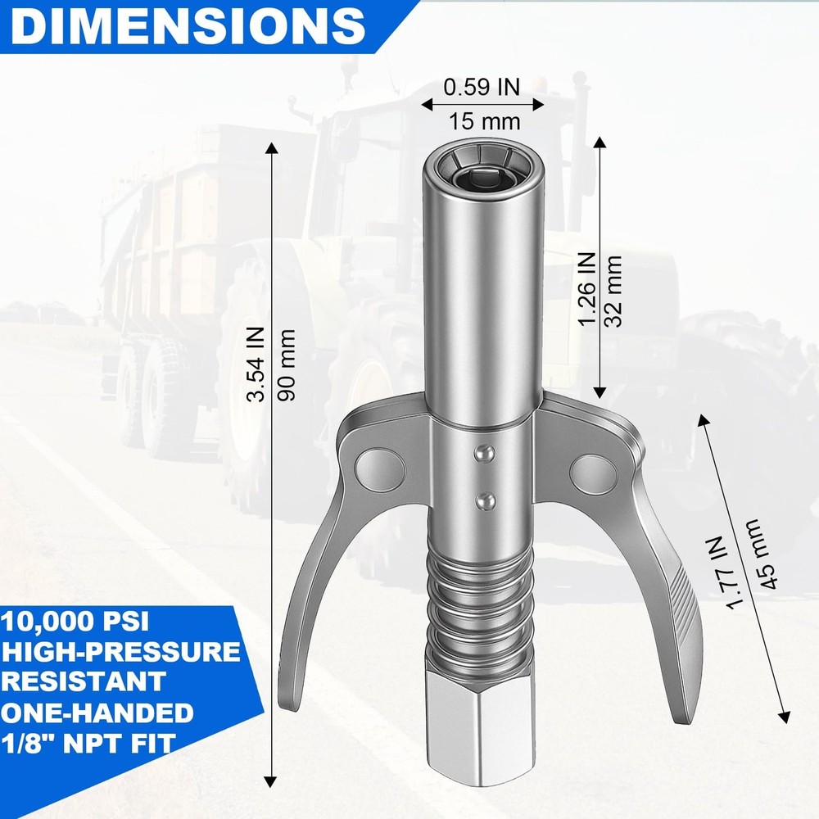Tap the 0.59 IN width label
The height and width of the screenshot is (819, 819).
coord(482,86)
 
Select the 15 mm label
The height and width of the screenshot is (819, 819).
coord(485,122)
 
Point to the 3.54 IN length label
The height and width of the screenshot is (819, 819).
coord(256,365)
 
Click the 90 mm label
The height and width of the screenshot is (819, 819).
coord(287,365)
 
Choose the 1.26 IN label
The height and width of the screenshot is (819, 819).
coord(586,289)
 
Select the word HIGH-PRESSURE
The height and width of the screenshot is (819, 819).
coord(120,652)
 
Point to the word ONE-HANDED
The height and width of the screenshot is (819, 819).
coord(97,713)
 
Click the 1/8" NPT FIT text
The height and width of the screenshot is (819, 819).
coord(89,743)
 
